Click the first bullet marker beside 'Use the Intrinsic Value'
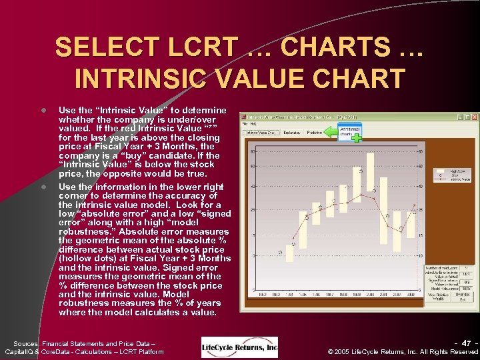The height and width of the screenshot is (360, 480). tap(42, 110)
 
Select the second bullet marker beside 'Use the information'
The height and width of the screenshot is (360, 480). tap(42, 187)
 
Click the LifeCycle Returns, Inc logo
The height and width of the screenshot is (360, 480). tap(239, 347)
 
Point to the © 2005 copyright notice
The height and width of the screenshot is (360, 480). tap(404, 352)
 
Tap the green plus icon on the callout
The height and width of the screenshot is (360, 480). tap(357, 138)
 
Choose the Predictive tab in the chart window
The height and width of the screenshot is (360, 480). tap(314, 133)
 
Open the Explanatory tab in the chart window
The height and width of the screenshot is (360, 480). tap(289, 133)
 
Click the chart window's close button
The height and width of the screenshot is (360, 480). tap(473, 117)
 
